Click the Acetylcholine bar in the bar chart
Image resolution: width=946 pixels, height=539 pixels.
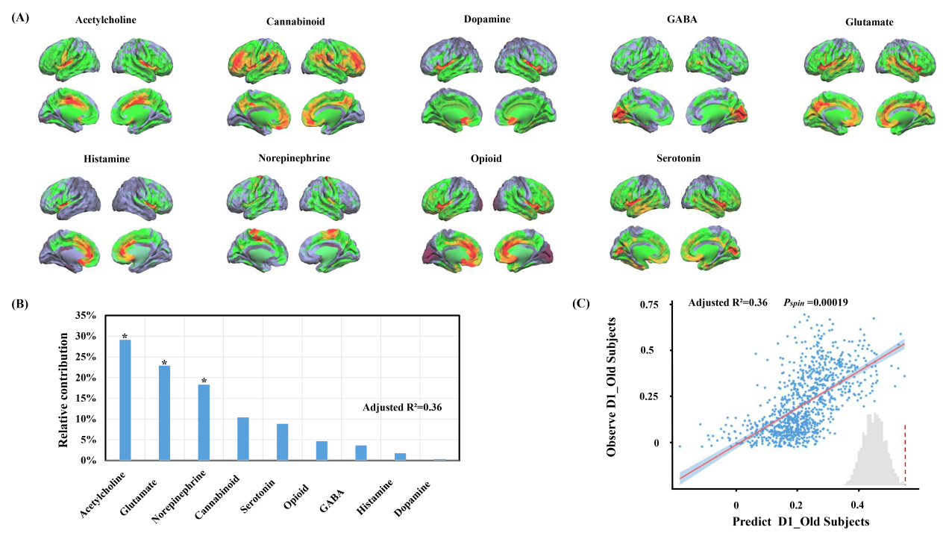click(x=125, y=400)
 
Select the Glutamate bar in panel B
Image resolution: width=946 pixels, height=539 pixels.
click(x=164, y=413)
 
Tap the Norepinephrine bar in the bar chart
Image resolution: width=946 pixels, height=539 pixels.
click(x=204, y=423)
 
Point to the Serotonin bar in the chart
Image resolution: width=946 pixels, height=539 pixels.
click(x=282, y=442)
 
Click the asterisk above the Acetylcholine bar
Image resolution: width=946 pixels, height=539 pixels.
click(x=125, y=337)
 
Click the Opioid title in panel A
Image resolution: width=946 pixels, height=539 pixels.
click(x=486, y=159)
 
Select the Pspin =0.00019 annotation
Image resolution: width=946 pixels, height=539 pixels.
click(x=816, y=302)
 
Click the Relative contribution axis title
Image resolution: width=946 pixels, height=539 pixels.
click(x=65, y=388)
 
